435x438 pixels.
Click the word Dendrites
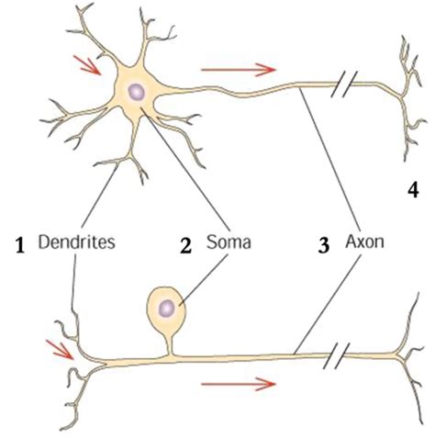(77, 241)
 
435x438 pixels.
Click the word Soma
(229, 241)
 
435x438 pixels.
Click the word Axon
(364, 241)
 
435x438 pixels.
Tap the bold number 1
(20, 246)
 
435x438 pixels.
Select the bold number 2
(185, 246)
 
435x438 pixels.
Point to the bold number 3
(324, 246)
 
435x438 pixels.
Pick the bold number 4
(413, 190)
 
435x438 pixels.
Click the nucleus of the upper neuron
(136, 91)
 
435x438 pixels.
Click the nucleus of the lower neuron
(167, 309)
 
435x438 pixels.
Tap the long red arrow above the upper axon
(239, 70)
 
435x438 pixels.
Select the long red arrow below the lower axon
(239, 384)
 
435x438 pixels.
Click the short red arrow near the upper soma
(87, 65)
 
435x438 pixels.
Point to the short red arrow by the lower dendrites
(60, 350)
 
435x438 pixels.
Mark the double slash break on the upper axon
(344, 84)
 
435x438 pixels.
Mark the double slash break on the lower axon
(337, 355)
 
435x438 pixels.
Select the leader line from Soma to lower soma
(204, 280)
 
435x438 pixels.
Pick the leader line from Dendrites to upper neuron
(100, 197)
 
